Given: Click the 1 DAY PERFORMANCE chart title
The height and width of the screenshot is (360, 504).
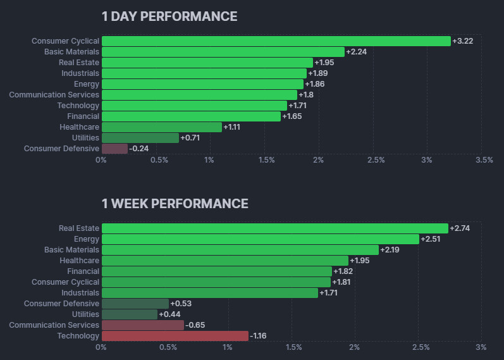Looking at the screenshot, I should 169,16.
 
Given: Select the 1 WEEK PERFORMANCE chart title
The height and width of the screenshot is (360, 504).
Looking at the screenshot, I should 175,204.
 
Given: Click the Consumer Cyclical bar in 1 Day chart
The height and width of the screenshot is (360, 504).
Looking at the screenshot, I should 276,41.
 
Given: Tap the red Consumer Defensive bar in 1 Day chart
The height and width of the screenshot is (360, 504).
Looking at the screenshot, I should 114,149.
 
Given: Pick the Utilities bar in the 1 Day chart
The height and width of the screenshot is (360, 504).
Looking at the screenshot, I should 140,138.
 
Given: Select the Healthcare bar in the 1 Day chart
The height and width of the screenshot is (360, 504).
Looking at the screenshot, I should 161,127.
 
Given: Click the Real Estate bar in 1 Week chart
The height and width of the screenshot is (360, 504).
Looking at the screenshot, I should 274,228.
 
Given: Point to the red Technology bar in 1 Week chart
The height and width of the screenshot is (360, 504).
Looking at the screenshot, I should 175,336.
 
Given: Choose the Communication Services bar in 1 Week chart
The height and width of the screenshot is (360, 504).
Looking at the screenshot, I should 142,325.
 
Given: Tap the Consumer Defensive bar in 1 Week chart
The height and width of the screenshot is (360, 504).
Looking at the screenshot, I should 135,304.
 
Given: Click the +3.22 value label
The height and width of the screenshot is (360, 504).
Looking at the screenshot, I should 463,41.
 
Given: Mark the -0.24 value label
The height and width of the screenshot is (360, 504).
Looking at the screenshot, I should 138,149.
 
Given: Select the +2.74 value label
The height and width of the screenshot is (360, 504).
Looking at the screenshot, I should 460,228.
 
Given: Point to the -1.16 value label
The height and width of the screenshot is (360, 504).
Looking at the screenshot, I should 258,336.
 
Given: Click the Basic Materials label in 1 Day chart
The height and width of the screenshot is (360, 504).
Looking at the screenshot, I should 71,52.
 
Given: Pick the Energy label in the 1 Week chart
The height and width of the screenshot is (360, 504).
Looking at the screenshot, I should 87,239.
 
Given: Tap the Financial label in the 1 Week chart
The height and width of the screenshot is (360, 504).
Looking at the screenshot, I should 83,271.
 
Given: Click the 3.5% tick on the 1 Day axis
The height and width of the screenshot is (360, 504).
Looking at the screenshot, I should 484,160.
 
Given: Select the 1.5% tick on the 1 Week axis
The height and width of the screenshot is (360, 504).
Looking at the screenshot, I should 293,347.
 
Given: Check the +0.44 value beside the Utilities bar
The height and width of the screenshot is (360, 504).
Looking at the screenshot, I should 169,314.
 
